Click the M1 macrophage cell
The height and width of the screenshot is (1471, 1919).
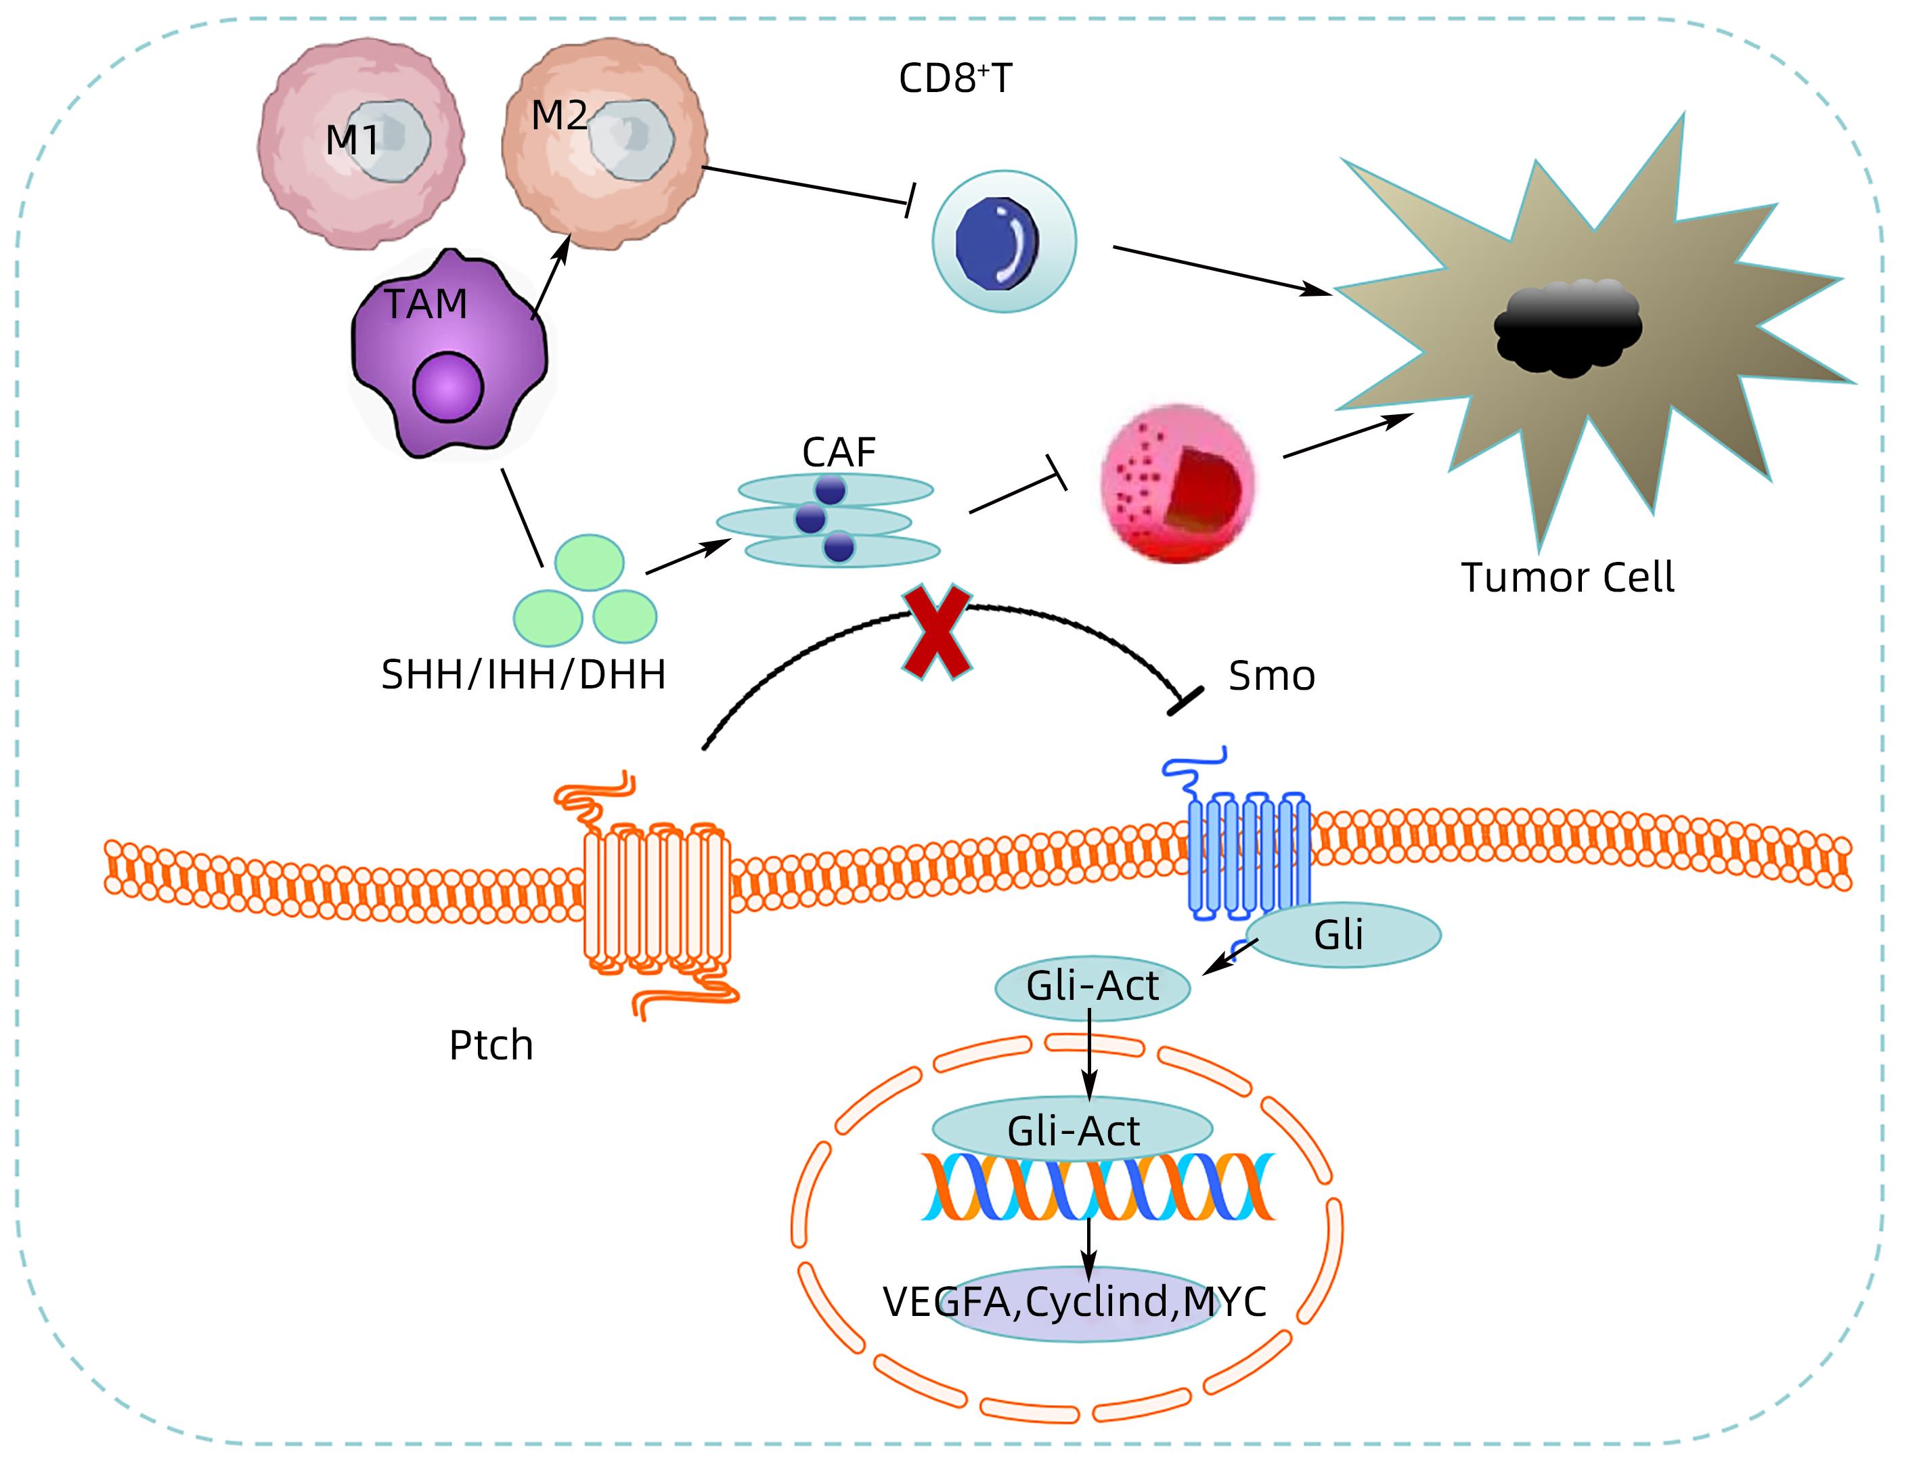[x=361, y=144]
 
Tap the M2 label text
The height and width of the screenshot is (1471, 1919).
[x=558, y=116]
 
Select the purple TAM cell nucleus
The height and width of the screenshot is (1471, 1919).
[x=447, y=387]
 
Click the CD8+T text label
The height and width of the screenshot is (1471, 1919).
[x=954, y=79]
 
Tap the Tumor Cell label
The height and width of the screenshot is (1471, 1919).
[x=1567, y=578]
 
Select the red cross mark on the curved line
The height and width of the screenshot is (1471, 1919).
[x=937, y=632]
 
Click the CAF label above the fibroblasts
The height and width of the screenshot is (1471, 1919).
[x=838, y=453]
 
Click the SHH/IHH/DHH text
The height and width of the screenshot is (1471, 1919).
[x=523, y=675]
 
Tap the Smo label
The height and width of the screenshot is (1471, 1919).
[x=1271, y=677]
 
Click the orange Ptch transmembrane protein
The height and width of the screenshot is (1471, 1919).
[x=657, y=898]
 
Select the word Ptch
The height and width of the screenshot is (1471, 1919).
[x=490, y=1045]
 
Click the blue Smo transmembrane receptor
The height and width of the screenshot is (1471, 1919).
[x=1247, y=854]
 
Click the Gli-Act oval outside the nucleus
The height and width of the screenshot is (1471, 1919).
[x=1092, y=987]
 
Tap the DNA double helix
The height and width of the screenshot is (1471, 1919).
[x=1098, y=1187]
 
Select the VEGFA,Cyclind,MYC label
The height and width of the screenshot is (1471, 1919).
[x=1074, y=1302]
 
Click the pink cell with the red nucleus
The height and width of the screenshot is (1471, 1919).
[x=1178, y=483]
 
